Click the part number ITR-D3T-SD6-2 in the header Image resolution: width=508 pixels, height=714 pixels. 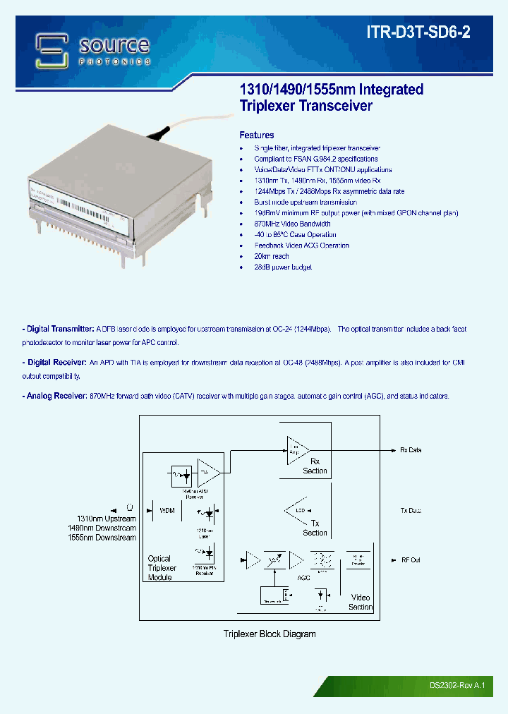point(428,32)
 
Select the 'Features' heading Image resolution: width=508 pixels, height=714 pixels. point(257,135)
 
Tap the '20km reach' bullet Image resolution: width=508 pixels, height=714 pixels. point(272,256)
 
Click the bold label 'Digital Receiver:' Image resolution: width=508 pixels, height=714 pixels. point(55,363)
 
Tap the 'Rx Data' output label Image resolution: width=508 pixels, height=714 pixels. point(410,450)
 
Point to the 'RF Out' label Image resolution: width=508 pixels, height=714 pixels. point(411,559)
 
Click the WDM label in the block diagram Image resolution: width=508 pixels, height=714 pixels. point(167,509)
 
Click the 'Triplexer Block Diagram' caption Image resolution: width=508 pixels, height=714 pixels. point(270,634)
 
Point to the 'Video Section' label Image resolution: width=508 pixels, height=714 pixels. point(360,602)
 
